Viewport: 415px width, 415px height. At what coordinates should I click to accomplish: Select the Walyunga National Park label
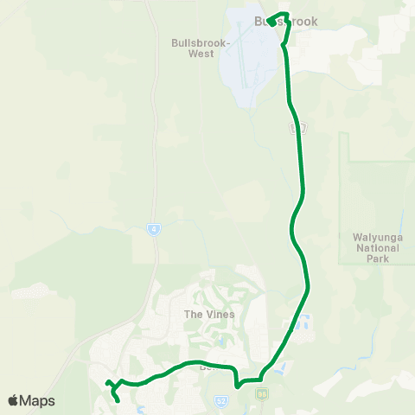(378, 246)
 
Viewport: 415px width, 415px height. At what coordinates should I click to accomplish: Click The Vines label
(204, 315)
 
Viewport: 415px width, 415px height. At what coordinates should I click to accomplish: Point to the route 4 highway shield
(152, 229)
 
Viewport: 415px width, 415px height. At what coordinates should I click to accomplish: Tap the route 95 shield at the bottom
(261, 394)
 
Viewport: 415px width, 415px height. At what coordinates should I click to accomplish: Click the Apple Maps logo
(31, 400)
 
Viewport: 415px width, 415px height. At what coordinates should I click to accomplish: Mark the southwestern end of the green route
(118, 401)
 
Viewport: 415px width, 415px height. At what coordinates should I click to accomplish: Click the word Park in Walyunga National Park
(378, 258)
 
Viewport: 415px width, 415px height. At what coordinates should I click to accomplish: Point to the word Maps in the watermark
(38, 400)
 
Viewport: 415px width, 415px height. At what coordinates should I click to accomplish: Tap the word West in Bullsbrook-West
(201, 53)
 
